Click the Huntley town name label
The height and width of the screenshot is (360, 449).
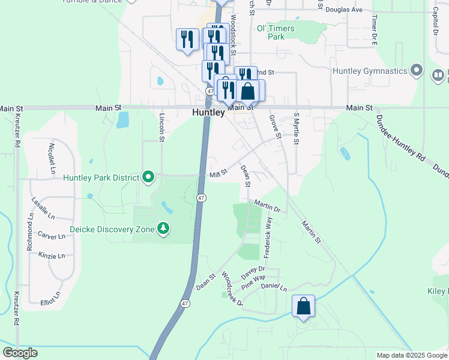(208, 112)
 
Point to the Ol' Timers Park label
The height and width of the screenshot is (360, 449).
(276, 32)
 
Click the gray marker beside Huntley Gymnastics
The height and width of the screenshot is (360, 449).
(415, 71)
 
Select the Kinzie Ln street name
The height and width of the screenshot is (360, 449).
(52, 256)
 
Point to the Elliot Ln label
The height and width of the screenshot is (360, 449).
(50, 298)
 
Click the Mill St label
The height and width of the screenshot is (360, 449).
(218, 173)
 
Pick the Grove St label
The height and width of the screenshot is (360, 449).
(276, 127)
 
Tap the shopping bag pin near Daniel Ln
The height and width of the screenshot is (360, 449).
(304, 306)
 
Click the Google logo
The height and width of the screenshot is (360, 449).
(20, 353)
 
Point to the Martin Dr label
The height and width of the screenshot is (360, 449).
(267, 206)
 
